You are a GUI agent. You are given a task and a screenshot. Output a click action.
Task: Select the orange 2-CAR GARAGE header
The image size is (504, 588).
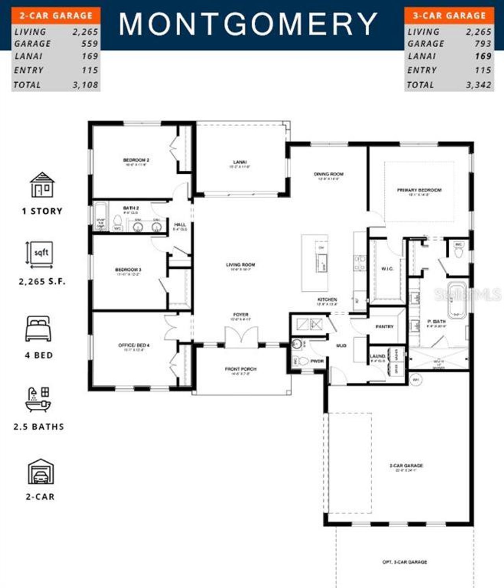[56, 16]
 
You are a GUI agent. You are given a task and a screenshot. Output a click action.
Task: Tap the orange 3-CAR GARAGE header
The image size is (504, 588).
[449, 16]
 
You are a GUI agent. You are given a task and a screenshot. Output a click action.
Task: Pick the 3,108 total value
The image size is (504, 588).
[85, 85]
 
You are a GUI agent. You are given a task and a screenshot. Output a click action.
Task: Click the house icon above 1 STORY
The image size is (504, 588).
[42, 185]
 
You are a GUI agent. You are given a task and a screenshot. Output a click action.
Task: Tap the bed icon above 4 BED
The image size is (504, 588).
[38, 329]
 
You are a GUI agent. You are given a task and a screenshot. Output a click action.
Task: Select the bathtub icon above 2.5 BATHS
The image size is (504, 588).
[38, 400]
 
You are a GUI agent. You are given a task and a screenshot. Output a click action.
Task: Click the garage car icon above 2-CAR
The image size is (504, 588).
[41, 472]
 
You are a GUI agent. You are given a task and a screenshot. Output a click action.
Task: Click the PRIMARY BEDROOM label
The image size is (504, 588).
[419, 190]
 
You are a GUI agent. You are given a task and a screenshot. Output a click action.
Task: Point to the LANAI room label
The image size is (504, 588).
[240, 162]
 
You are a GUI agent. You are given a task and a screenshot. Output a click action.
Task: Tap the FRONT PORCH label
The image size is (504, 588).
[241, 369]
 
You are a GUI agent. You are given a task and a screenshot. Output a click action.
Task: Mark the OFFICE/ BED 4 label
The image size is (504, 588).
[134, 345]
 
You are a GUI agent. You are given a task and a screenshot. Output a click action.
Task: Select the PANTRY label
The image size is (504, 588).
[384, 327]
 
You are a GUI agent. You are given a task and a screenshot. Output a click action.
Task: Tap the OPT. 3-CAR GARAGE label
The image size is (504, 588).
[405, 562]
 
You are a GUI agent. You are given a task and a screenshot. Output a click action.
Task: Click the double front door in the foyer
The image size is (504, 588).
[241, 338]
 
